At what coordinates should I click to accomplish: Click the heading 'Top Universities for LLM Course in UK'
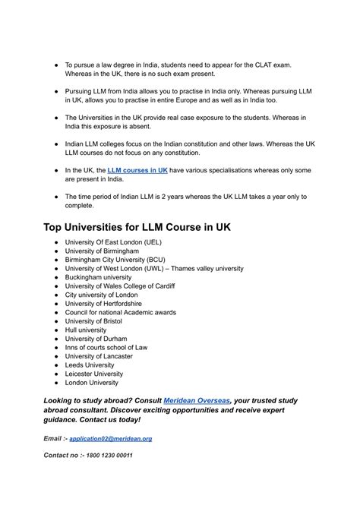(137, 227)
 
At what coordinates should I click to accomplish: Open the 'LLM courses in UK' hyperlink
(137, 172)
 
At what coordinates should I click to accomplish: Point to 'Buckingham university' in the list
(98, 277)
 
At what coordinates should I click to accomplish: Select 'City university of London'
(101, 295)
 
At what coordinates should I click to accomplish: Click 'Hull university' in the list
(87, 330)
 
